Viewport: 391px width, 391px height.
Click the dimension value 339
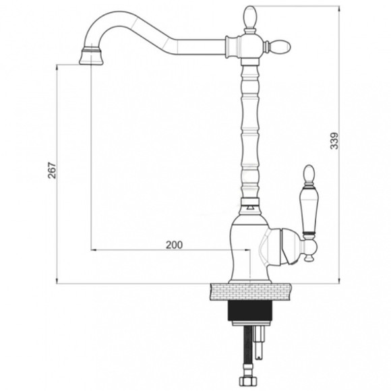click(x=334, y=141)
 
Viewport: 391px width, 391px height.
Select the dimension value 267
click(x=52, y=171)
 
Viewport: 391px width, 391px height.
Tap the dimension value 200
click(x=175, y=245)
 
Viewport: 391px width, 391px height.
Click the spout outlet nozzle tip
click(x=91, y=57)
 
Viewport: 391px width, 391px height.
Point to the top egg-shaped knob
click(x=250, y=17)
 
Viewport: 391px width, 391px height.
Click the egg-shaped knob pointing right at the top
click(x=280, y=47)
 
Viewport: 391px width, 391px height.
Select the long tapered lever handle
click(x=309, y=209)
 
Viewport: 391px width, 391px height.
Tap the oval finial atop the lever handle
click(x=309, y=175)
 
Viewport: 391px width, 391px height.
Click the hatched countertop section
click(x=251, y=291)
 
